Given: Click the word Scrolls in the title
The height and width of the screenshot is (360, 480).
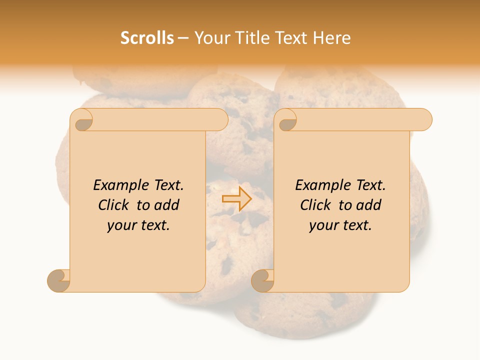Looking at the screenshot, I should (x=147, y=38).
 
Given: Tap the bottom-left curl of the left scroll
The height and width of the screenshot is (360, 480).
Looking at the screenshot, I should (x=58, y=280).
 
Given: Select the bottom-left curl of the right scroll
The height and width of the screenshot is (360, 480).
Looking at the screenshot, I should (x=262, y=280).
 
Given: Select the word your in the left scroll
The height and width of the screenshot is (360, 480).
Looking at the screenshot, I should (x=120, y=225).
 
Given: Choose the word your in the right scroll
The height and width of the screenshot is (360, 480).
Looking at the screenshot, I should (x=322, y=225).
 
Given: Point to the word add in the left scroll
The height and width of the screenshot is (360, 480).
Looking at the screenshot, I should (x=166, y=205).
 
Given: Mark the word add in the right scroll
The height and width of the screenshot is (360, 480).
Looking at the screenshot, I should (x=368, y=205).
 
